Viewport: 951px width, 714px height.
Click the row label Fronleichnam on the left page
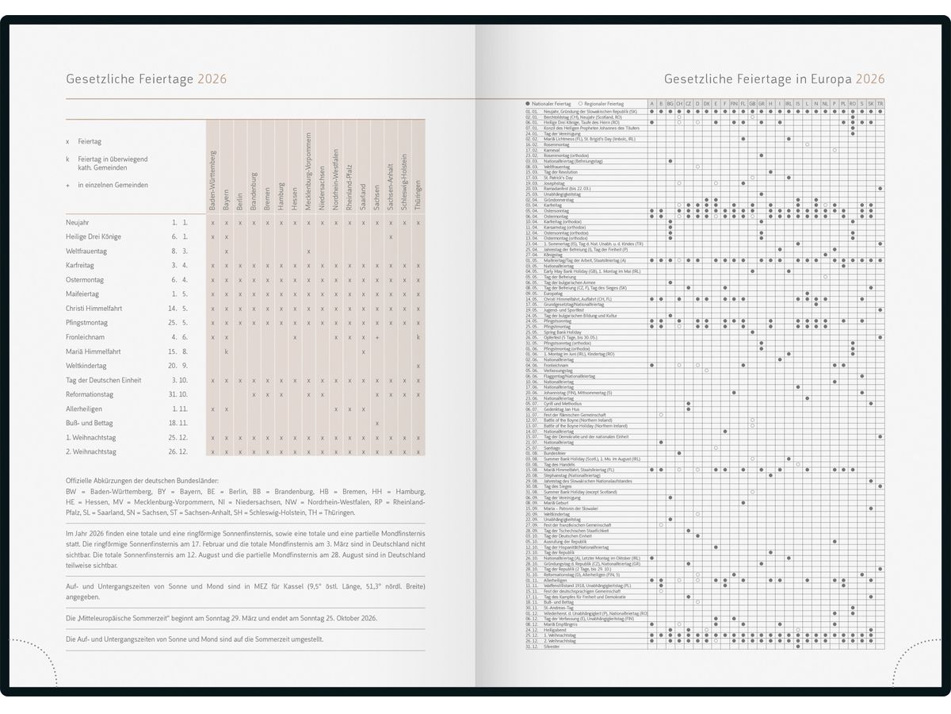click(x=86, y=337)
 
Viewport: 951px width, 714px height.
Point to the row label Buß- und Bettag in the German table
click(x=89, y=423)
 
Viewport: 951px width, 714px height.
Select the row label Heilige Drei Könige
click(x=94, y=236)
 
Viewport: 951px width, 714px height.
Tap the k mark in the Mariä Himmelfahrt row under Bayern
click(x=227, y=351)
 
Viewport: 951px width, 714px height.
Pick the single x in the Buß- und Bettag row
click(x=377, y=423)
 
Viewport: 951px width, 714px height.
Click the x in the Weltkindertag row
click(x=418, y=366)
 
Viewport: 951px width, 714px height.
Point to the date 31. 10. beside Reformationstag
click(x=178, y=394)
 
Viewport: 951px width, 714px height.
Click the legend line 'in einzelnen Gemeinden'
click(x=113, y=185)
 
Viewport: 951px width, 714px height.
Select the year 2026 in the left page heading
click(x=212, y=79)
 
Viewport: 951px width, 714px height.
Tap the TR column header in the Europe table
click(x=880, y=104)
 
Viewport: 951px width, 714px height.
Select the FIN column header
click(x=734, y=104)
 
